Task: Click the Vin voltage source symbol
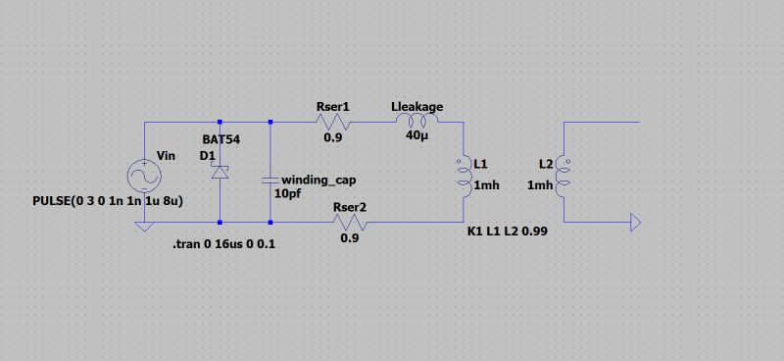point(145,178)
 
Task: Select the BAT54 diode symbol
point(220,173)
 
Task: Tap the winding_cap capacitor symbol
point(270,180)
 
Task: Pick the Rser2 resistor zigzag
point(350,223)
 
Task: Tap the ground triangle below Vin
point(145,227)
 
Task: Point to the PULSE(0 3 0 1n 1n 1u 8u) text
point(108,201)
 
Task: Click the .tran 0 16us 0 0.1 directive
point(223,244)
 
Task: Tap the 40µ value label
point(417,136)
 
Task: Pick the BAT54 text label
point(220,139)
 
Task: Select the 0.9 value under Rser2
point(350,238)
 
